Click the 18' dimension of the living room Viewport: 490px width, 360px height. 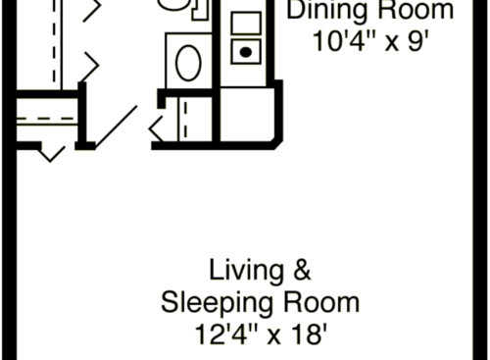303,334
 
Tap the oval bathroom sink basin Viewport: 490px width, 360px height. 187,63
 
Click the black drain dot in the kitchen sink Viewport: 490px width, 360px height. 246,50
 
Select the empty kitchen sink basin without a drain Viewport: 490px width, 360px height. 246,23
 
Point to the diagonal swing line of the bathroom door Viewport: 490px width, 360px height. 116,126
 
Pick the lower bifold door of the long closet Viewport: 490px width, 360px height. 90,67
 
